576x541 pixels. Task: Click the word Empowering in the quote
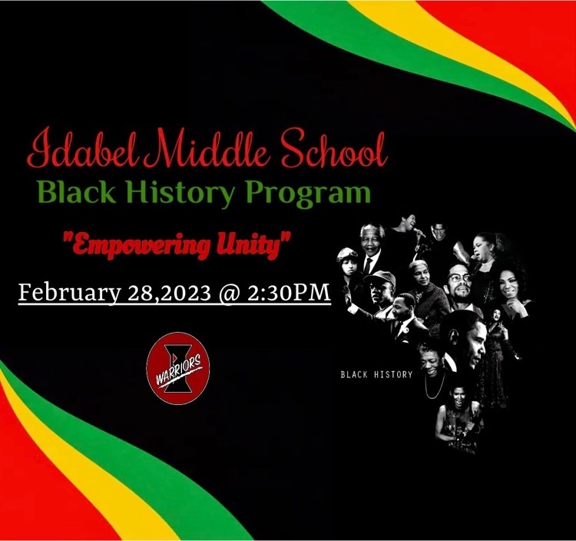point(140,246)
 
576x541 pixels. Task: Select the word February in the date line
point(69,293)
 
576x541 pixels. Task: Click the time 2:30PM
point(288,292)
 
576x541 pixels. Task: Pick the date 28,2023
point(169,293)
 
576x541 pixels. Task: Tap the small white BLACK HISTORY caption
point(376,374)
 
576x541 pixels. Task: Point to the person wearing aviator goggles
point(348,263)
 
